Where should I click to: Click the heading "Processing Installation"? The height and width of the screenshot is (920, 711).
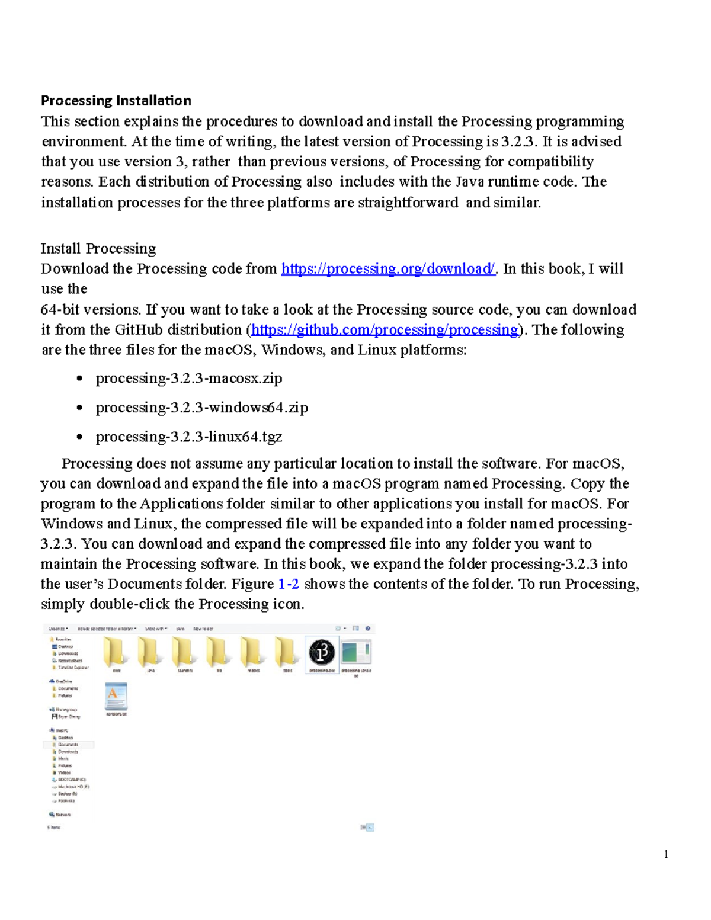point(116,100)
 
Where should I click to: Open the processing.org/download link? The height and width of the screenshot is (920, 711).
point(387,269)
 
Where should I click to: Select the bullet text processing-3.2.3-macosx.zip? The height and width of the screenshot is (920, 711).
point(188,379)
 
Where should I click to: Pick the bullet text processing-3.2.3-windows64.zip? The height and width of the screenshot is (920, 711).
point(201,408)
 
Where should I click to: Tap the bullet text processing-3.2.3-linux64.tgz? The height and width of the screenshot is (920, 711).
point(188,437)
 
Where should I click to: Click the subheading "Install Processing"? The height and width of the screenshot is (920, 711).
point(98,248)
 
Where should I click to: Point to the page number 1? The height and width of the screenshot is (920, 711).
point(666,854)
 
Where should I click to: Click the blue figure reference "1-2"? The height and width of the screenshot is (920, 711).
point(288,584)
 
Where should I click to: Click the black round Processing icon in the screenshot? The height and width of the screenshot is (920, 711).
point(322,653)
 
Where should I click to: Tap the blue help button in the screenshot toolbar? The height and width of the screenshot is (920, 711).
point(368,628)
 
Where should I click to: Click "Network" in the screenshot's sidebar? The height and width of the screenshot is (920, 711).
point(62,815)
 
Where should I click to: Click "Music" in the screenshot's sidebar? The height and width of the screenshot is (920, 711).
point(63,758)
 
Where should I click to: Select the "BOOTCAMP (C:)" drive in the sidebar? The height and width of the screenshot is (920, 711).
point(71,780)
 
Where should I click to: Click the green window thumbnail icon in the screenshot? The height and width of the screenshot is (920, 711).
point(356,653)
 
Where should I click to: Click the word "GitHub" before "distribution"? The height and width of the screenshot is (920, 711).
point(139,330)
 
